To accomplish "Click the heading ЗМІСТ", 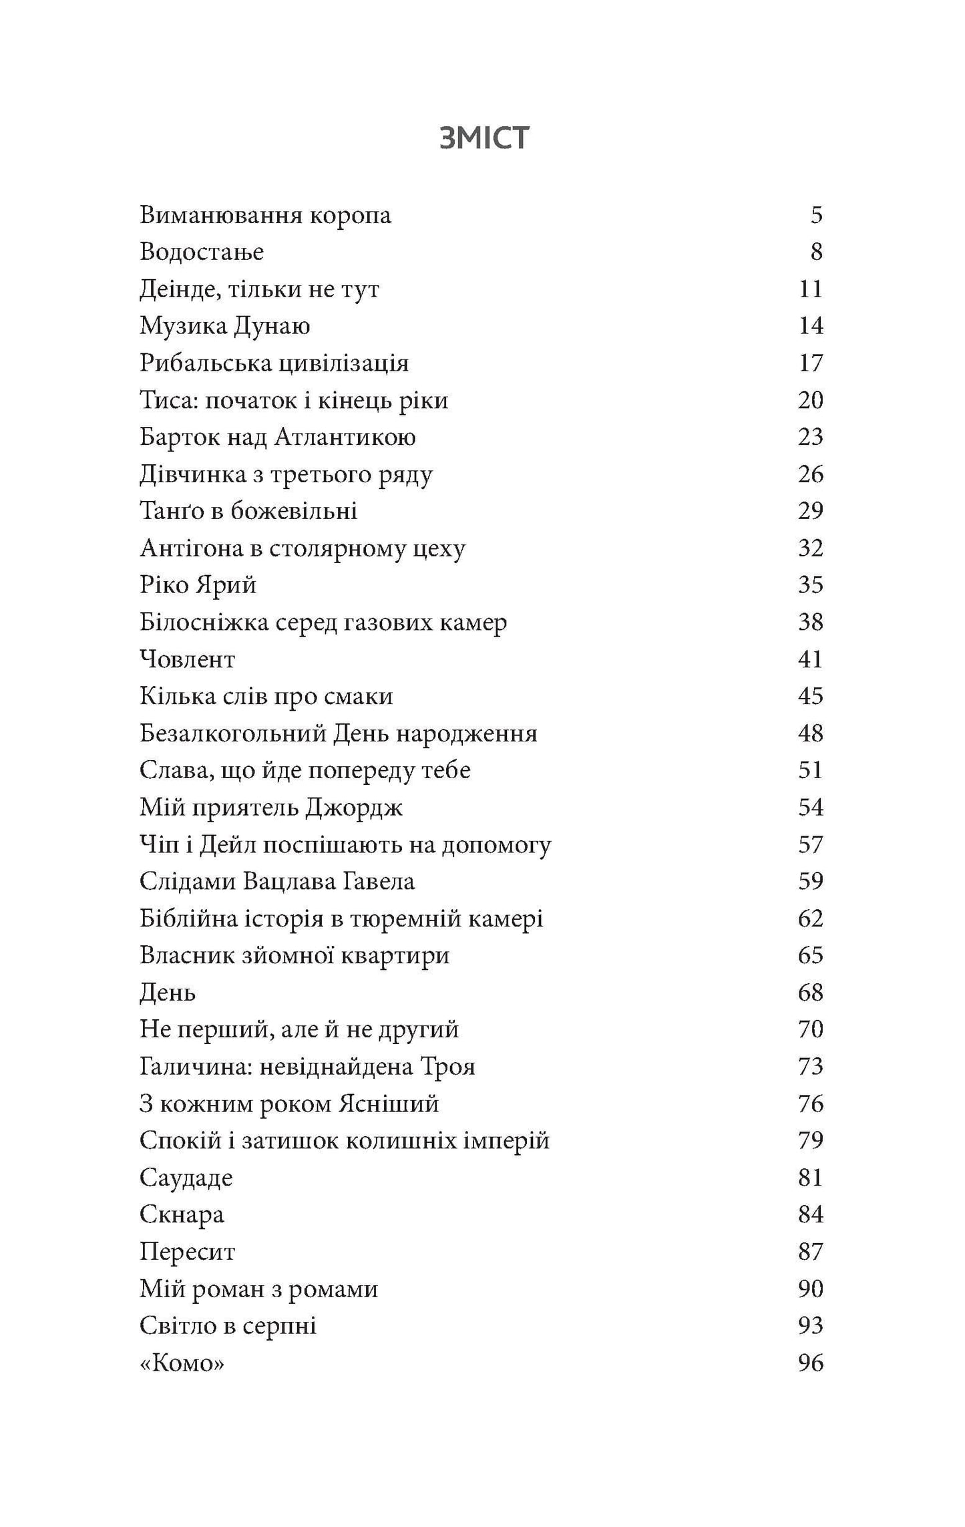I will tap(484, 138).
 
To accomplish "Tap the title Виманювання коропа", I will tap(265, 216).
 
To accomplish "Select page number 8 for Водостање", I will tap(815, 252).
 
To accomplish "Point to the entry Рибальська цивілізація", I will tap(274, 363).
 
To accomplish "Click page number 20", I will tap(810, 401).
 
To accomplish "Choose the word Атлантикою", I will tap(345, 438).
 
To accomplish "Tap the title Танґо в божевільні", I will tap(248, 512).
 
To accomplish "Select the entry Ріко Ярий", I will tap(198, 586).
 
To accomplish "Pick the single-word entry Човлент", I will tap(187, 660).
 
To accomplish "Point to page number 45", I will tap(810, 697).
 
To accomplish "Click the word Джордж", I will tap(354, 808).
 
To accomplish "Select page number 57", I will tap(810, 845).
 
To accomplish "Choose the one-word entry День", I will tap(167, 993).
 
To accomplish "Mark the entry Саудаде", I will tap(186, 1178).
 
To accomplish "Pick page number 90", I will tap(810, 1289).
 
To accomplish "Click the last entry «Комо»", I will tap(182, 1363).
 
